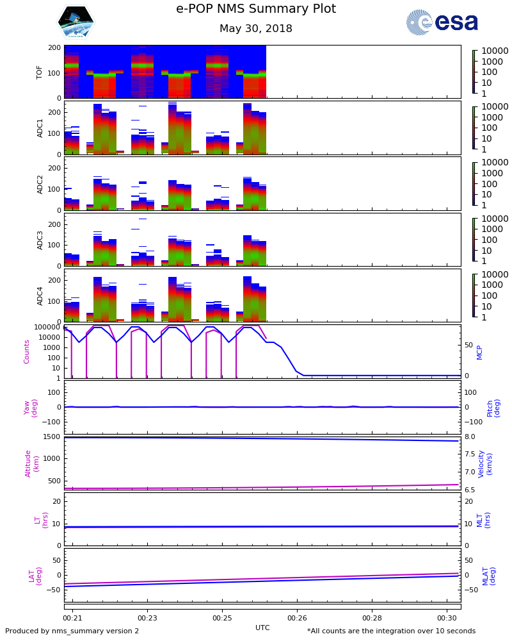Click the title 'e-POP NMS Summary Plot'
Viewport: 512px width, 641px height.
click(x=256, y=9)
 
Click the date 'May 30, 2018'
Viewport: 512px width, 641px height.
click(x=256, y=29)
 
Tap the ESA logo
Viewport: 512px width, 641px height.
click(x=442, y=22)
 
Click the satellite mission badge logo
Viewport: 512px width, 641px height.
click(x=76, y=22)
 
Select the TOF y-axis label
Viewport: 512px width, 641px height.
click(x=40, y=71)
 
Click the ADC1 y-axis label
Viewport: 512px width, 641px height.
click(x=40, y=128)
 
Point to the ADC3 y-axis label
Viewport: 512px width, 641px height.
click(x=40, y=239)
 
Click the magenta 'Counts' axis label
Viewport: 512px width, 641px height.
click(x=27, y=351)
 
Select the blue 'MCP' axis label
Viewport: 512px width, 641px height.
click(x=479, y=351)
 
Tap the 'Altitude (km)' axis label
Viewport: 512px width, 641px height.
click(x=31, y=463)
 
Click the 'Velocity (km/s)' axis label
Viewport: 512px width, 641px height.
click(x=484, y=463)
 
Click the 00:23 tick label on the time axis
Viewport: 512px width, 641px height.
click(x=147, y=618)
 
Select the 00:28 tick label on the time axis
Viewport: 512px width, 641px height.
click(x=372, y=618)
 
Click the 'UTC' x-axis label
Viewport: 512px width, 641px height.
click(x=262, y=628)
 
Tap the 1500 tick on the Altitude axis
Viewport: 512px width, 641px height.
click(x=52, y=437)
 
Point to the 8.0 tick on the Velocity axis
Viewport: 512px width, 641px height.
click(x=470, y=437)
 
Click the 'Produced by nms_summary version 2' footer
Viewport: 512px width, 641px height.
click(x=72, y=631)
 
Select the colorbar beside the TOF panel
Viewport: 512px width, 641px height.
click(x=474, y=72)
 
